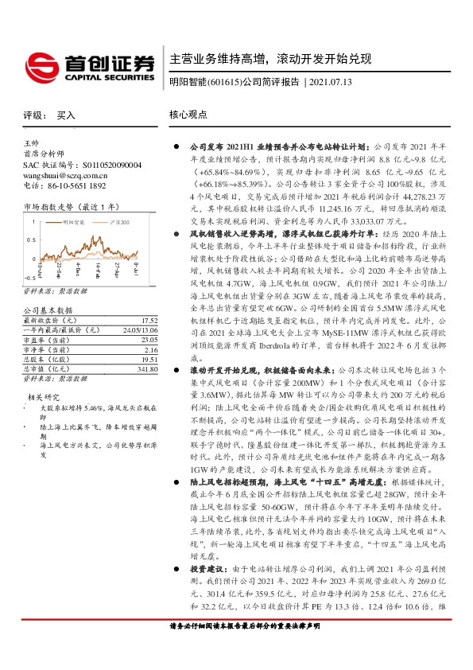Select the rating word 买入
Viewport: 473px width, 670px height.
pyautogui.click(x=66, y=115)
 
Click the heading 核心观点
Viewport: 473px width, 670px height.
pyautogui.click(x=188, y=115)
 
